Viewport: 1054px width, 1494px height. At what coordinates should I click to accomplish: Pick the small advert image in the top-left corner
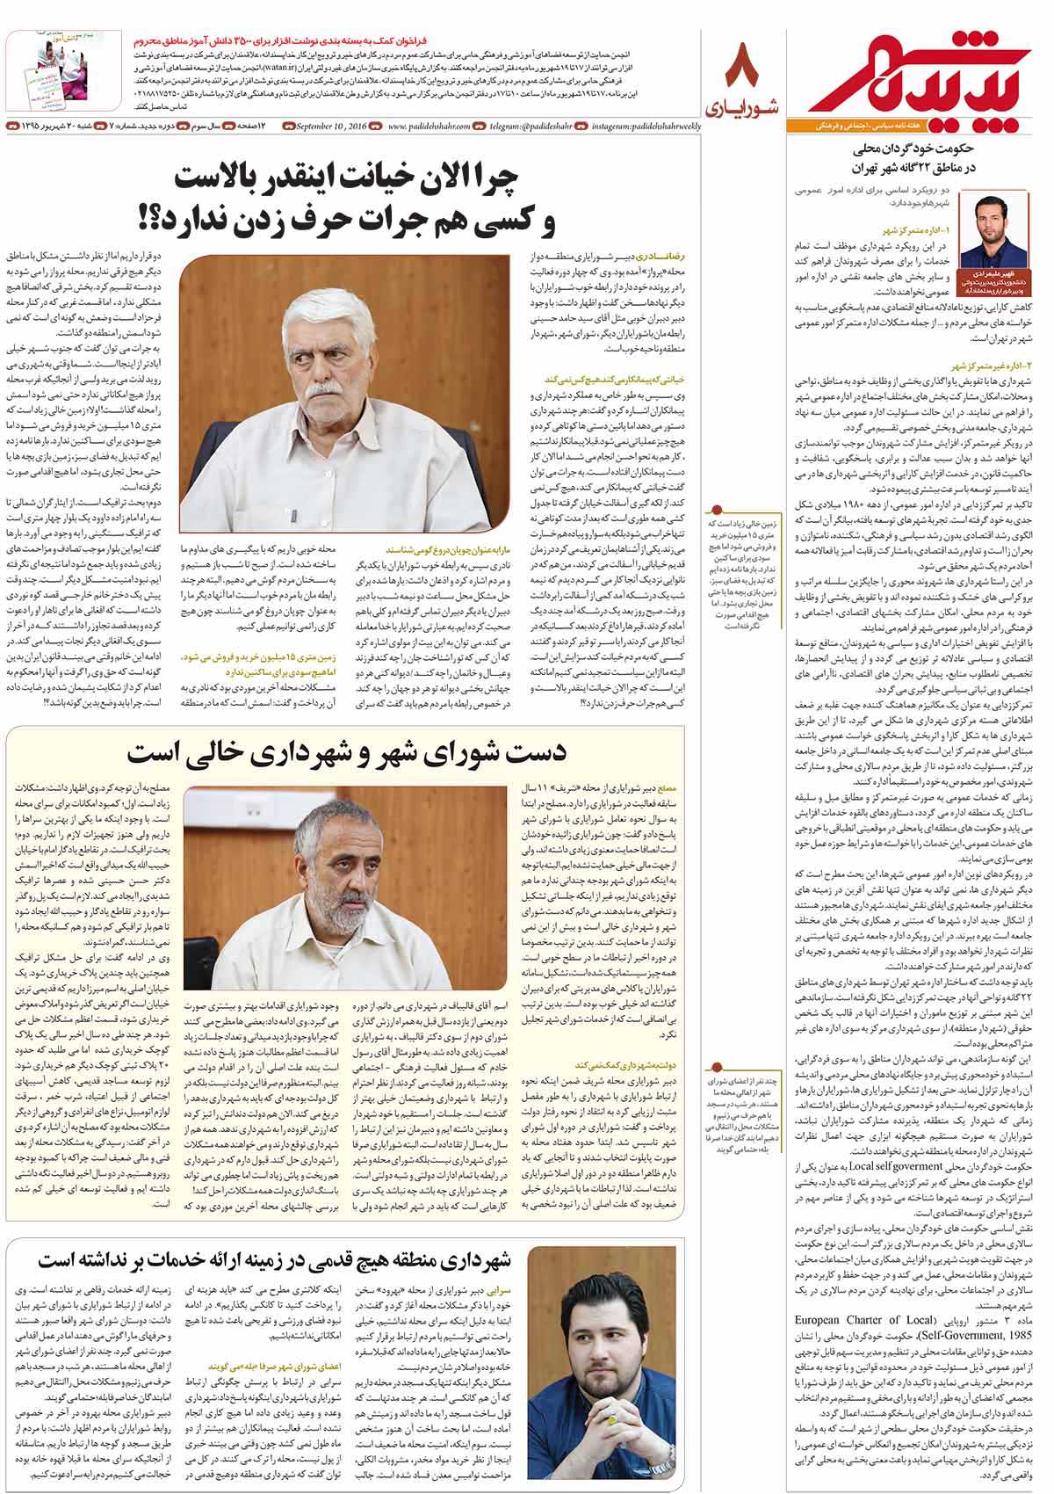(47, 70)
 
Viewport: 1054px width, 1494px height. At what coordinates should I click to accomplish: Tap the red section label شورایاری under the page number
(742, 107)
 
